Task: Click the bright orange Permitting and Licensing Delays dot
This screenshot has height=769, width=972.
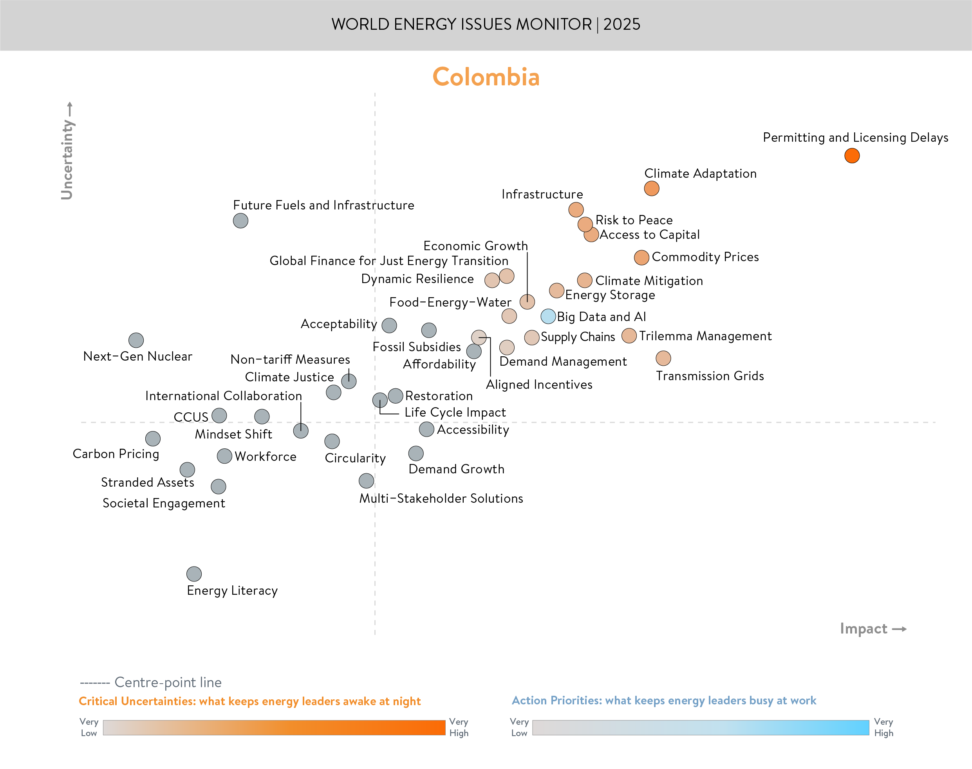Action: tap(852, 156)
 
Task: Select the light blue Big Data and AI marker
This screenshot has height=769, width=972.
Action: tap(548, 316)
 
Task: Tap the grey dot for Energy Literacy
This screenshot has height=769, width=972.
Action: tap(194, 574)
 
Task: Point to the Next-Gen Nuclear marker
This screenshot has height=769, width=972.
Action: tap(136, 340)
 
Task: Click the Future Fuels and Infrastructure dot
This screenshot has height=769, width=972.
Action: tap(240, 220)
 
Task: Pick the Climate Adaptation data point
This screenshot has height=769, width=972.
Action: tap(651, 189)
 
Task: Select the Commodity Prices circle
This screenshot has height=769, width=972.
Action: tap(641, 258)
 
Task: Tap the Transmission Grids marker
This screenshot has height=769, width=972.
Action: tap(663, 358)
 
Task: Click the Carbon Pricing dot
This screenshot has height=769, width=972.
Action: tap(153, 438)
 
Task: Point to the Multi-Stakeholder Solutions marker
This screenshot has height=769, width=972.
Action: tap(367, 481)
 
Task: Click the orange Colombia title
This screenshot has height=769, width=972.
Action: tap(486, 77)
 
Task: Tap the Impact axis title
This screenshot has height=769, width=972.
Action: tap(864, 628)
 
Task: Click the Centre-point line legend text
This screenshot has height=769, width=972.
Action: tap(168, 682)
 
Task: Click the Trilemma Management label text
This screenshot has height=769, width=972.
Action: tap(705, 336)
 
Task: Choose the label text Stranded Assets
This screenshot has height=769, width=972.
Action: tap(147, 482)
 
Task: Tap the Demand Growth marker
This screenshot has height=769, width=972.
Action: tap(416, 453)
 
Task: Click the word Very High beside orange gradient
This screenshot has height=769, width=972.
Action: tap(458, 727)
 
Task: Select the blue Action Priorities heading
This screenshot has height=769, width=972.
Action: tap(664, 700)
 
